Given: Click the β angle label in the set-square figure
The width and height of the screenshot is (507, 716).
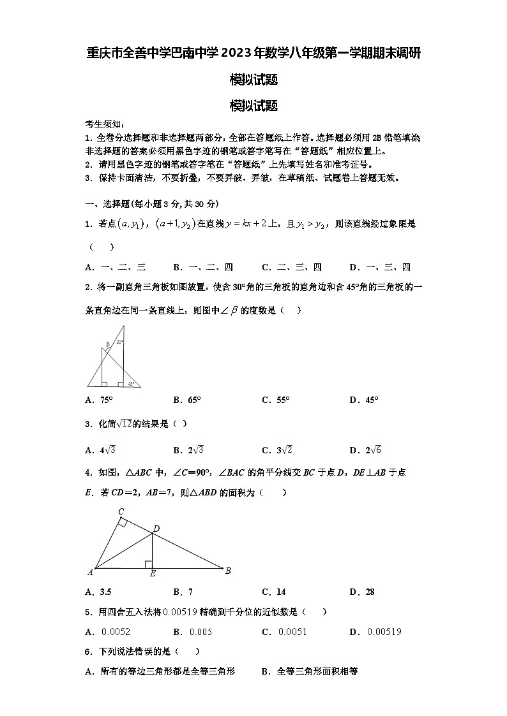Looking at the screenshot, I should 108,344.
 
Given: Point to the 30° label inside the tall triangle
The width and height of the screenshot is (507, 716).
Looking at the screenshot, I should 119,342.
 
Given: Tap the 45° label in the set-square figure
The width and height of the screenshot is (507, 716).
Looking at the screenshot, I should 131,384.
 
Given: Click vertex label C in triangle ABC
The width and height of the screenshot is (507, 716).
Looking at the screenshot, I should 121,511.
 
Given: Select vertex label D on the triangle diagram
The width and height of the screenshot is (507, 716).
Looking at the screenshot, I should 156,528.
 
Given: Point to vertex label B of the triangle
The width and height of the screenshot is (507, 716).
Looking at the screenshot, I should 228,571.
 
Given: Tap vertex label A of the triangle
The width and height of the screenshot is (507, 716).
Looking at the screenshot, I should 90,572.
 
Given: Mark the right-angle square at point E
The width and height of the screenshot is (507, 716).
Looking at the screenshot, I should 148,564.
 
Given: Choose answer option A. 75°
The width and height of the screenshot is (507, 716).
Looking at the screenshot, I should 98,400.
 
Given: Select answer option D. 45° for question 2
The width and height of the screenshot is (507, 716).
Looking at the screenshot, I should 364,400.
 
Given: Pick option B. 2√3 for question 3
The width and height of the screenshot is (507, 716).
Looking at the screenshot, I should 188,450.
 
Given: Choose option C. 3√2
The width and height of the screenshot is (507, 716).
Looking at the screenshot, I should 277,450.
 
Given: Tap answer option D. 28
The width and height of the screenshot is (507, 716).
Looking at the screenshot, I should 362,592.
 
